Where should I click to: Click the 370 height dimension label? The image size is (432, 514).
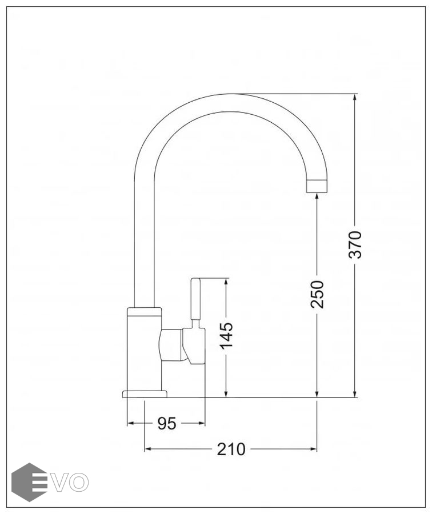[x=355, y=244]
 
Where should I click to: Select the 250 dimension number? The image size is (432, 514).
[x=317, y=294]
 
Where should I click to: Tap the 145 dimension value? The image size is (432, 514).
[x=226, y=336]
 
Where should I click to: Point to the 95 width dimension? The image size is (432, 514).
[x=167, y=423]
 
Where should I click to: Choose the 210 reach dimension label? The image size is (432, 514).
[x=231, y=449]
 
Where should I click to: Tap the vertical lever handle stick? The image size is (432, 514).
[x=195, y=299]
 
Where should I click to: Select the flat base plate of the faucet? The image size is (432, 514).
[x=145, y=394]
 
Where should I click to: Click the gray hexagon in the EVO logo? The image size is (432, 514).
[x=29, y=482]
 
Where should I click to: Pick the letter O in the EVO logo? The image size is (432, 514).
[x=79, y=482]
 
